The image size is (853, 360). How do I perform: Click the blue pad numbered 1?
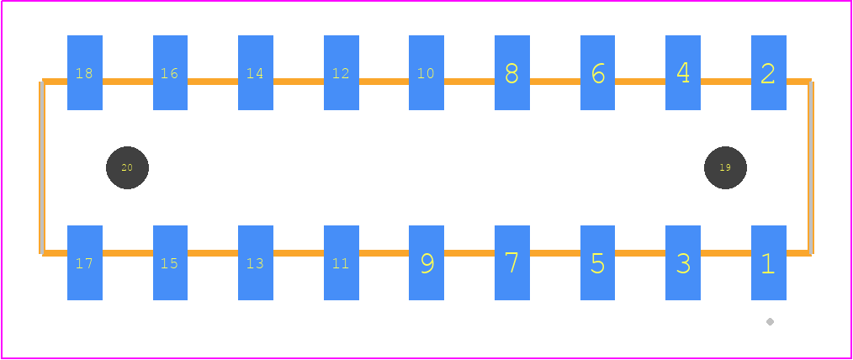tap(769, 262)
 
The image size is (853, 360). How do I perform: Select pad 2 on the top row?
tap(769, 73)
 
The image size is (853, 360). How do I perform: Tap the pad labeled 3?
tap(683, 262)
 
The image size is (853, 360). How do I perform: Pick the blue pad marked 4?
tap(683, 73)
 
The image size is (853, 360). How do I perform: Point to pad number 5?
tap(597, 262)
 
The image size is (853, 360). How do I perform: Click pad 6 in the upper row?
tap(597, 73)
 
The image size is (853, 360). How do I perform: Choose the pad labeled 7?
tap(512, 262)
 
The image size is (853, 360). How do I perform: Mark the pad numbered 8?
tap(512, 73)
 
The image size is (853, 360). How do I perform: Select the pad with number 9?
tap(426, 262)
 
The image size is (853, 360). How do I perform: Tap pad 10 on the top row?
tap(426, 73)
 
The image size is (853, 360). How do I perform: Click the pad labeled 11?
tap(341, 262)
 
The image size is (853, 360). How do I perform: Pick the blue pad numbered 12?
tap(341, 73)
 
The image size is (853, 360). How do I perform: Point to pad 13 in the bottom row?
tap(256, 262)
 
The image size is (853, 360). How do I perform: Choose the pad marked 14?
tap(256, 73)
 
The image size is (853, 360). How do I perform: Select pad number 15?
tap(170, 262)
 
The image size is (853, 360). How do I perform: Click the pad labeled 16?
tap(170, 73)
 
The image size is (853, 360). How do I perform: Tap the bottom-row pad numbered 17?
tap(85, 262)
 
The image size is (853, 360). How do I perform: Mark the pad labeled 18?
tap(85, 73)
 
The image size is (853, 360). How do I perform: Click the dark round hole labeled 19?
tap(725, 167)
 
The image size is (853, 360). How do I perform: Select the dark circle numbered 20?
tap(127, 167)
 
